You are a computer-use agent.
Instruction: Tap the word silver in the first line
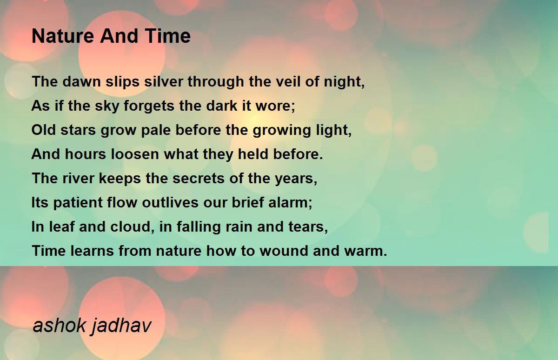[x=164, y=81]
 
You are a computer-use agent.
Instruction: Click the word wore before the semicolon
[x=273, y=106]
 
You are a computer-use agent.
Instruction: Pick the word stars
[x=78, y=130]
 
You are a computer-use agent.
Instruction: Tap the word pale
[x=156, y=130]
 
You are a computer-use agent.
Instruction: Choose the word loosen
[x=135, y=154]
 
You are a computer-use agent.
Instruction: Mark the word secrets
[x=199, y=179]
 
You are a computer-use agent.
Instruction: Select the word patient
[x=78, y=202]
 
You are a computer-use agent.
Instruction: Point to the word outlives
[x=171, y=202]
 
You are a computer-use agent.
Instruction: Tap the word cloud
[x=131, y=227]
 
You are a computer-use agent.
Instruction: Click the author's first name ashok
[x=60, y=326]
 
